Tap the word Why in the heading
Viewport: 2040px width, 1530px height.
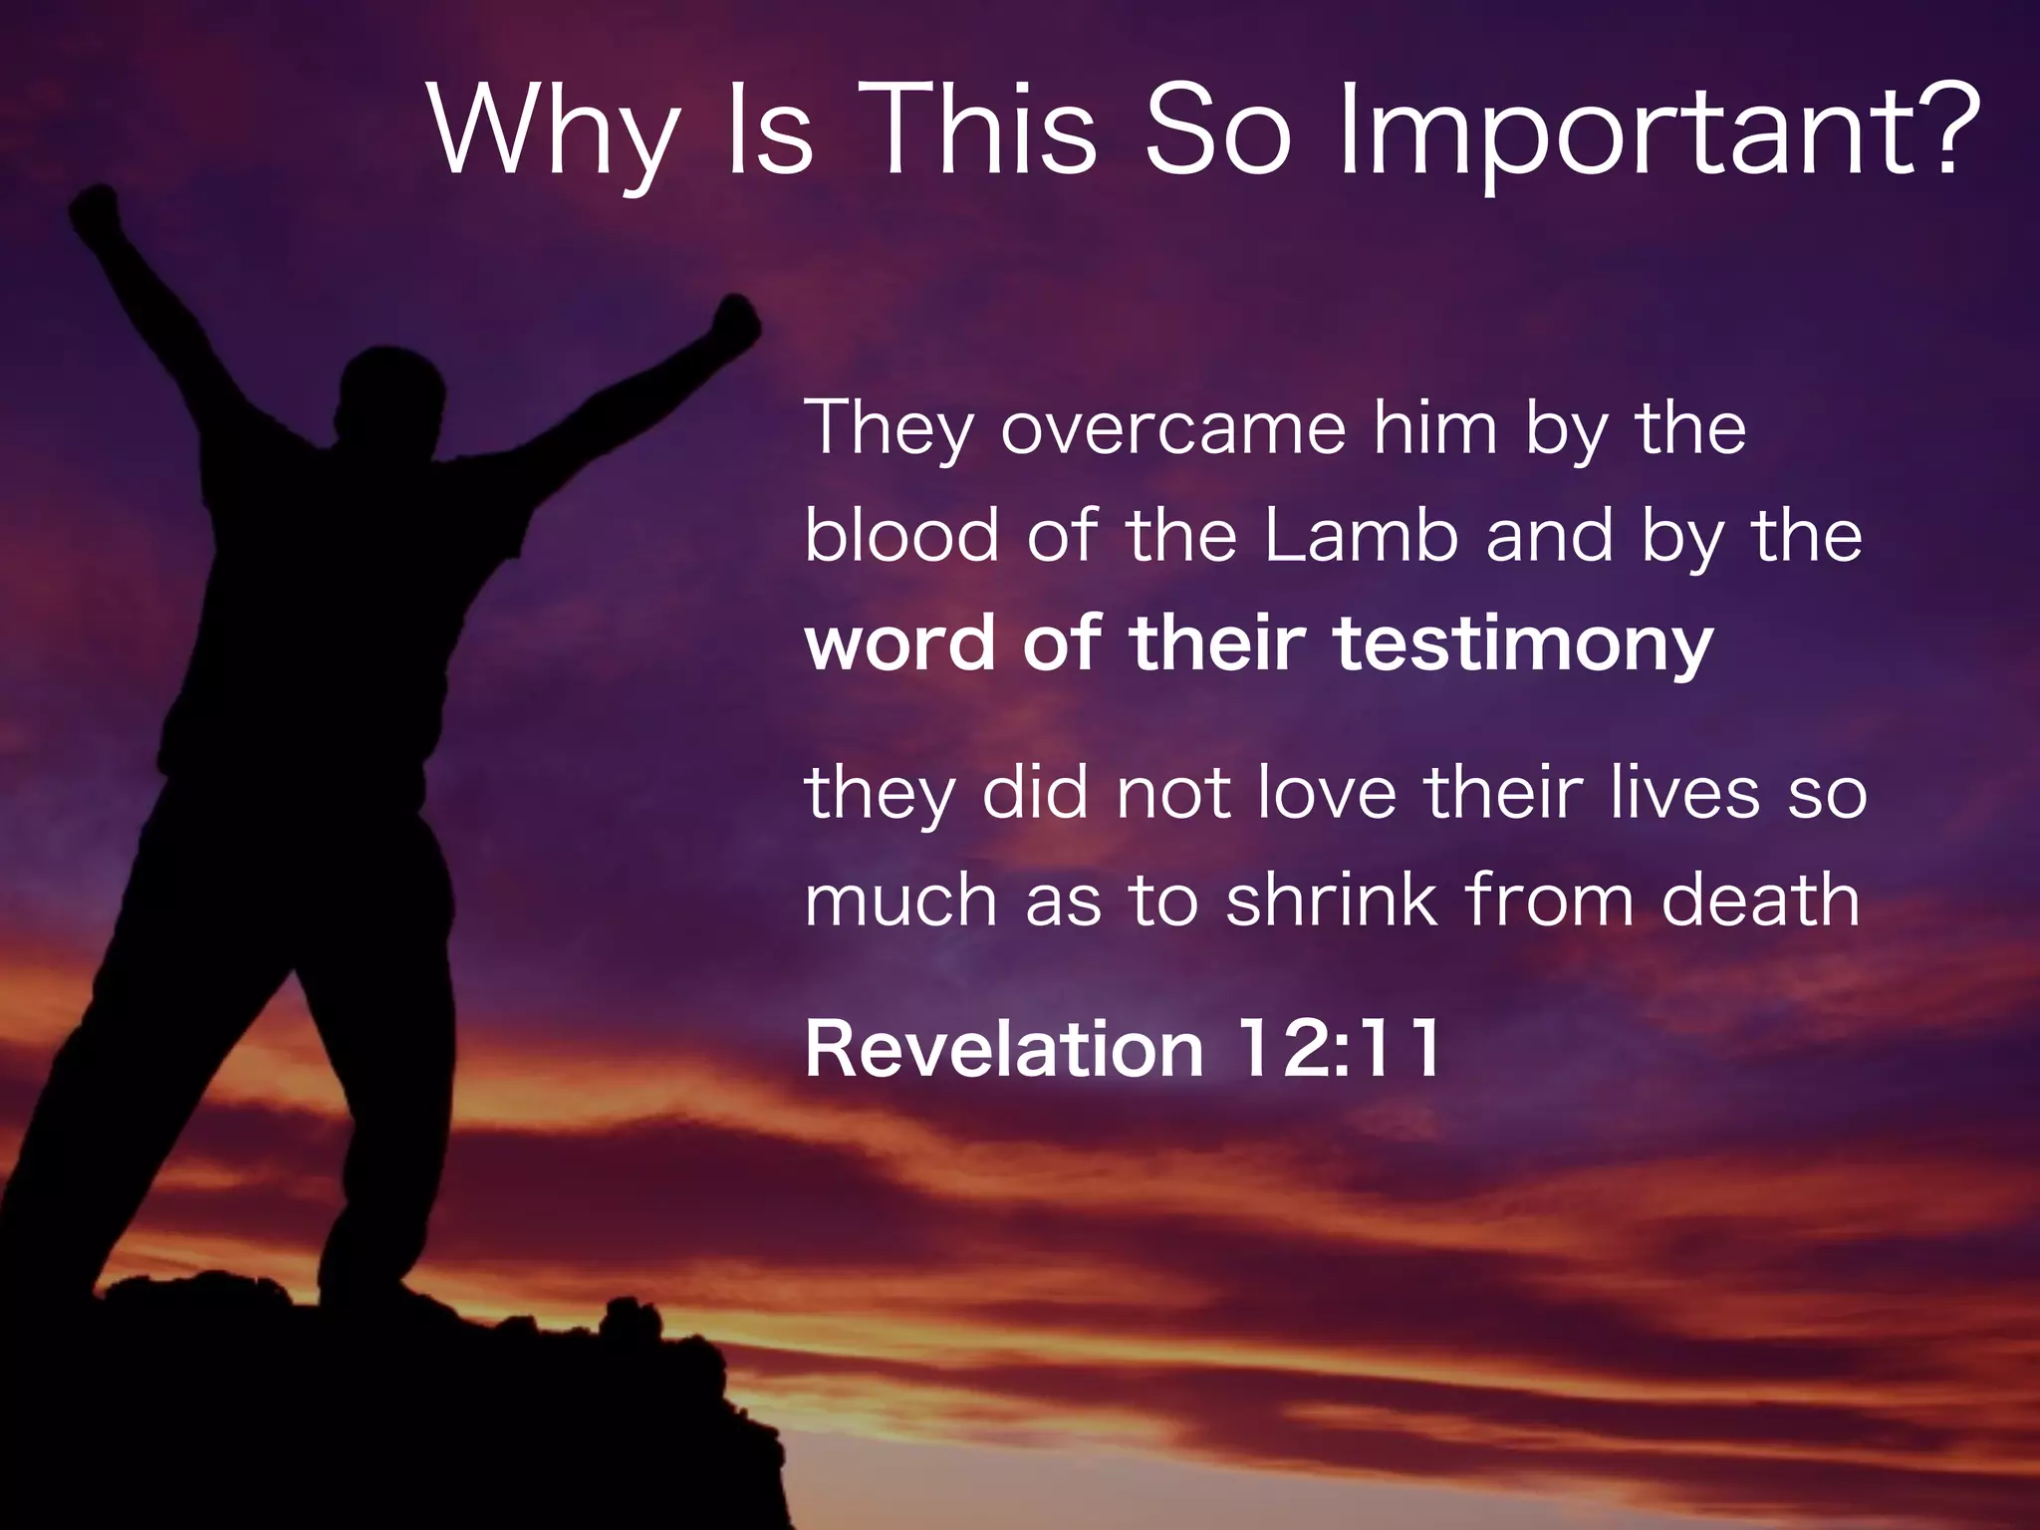[x=554, y=134]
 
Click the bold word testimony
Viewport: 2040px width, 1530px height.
[x=1523, y=645]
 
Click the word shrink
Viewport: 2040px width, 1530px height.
[x=1332, y=900]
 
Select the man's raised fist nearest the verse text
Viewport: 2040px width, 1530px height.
[x=736, y=321]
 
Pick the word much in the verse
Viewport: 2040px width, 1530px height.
[x=900, y=900]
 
